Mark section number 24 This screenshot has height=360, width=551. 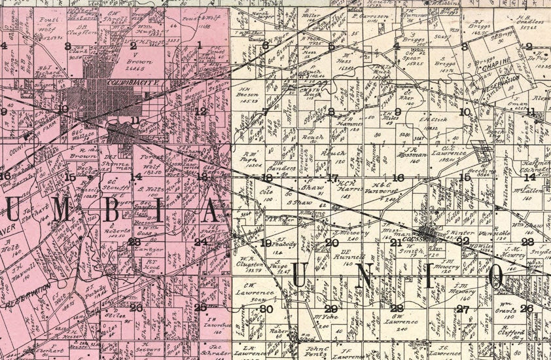(x=201, y=242)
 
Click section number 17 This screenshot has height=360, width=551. (x=332, y=178)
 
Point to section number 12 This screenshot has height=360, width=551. (x=201, y=111)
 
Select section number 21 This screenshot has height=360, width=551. (x=395, y=243)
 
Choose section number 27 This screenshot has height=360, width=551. (x=463, y=308)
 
